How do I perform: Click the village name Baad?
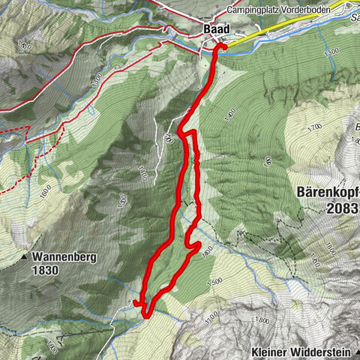[216, 29]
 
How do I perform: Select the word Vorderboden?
[305, 10]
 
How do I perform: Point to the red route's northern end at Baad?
[220, 47]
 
